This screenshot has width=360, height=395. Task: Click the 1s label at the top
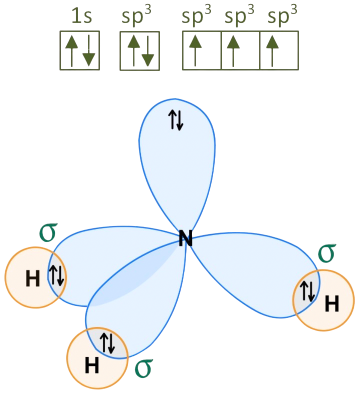79,16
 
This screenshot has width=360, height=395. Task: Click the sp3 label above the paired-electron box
136,16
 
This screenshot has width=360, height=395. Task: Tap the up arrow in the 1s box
71,50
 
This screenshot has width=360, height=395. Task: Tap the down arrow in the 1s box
88,50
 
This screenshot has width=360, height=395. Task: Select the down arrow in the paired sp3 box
147,50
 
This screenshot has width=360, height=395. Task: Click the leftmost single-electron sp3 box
201,50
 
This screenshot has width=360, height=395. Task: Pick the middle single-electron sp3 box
240,50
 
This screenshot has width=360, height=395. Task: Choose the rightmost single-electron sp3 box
279,50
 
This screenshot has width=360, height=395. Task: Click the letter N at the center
185,239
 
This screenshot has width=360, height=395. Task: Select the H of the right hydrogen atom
331,303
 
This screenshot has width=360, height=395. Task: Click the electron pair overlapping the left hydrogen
56,275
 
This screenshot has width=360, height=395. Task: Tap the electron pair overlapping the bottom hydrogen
108,342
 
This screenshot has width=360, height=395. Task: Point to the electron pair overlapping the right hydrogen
307,291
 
